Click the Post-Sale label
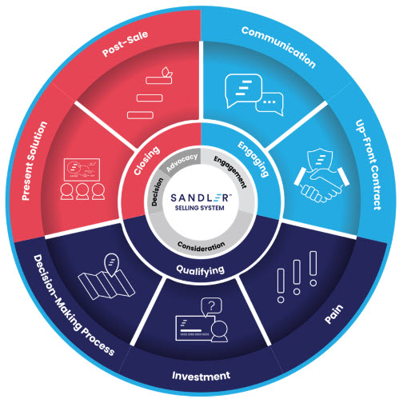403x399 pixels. click(125, 43)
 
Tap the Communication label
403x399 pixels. click(279, 46)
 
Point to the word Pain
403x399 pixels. click(334, 313)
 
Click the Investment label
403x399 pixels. click(201, 376)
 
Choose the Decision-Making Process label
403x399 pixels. click(74, 305)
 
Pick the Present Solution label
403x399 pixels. click(34, 161)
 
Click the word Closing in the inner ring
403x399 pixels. click(146, 161)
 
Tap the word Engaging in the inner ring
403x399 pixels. click(253, 159)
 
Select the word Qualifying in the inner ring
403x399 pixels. click(201, 270)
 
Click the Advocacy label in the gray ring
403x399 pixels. click(182, 162)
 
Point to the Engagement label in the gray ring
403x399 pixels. click(230, 172)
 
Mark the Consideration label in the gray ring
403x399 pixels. click(201, 246)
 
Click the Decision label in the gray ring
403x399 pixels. click(158, 192)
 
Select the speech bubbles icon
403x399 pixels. click(254, 95)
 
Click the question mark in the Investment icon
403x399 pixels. click(211, 306)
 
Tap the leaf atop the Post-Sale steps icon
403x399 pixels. click(166, 71)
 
